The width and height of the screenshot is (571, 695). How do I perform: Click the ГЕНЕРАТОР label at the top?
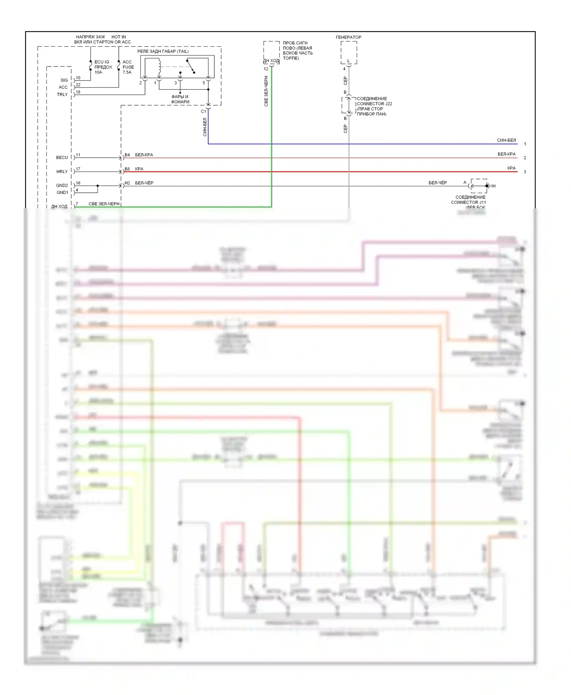(348, 37)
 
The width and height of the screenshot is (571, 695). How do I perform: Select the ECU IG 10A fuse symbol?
(91, 67)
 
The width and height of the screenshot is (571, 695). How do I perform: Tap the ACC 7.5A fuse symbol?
(119, 67)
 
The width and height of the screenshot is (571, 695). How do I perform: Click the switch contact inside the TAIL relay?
(190, 67)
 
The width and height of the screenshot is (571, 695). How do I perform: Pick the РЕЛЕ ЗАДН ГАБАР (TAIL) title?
(163, 51)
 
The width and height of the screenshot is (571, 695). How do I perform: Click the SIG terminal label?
(64, 80)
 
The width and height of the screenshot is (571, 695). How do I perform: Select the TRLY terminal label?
(62, 94)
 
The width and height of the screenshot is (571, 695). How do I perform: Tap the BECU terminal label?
(62, 157)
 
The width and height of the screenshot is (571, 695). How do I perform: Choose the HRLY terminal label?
(62, 171)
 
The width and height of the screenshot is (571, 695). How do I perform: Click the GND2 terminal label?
(62, 186)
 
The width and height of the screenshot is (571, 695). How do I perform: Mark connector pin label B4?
(127, 155)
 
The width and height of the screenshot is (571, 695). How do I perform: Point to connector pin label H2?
(127, 183)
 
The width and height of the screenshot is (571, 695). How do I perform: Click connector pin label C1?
(203, 111)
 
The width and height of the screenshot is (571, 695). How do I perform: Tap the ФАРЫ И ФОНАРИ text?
(180, 99)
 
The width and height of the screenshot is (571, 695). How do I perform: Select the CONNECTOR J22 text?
(374, 104)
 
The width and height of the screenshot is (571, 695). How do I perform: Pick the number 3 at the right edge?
(525, 172)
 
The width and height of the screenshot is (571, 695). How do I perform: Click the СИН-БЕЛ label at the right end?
(506, 140)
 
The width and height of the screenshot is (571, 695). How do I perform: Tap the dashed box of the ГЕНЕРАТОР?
(349, 52)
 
